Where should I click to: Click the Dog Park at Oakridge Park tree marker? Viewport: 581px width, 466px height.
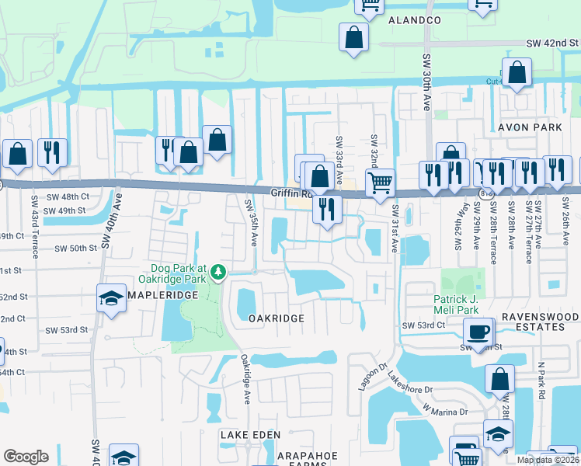point(219,271)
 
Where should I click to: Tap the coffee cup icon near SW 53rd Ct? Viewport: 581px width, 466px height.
point(478,332)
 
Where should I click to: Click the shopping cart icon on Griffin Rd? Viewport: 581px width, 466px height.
point(380,183)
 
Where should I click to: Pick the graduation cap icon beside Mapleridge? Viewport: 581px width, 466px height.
point(112,298)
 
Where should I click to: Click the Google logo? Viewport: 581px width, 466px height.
point(26,457)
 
